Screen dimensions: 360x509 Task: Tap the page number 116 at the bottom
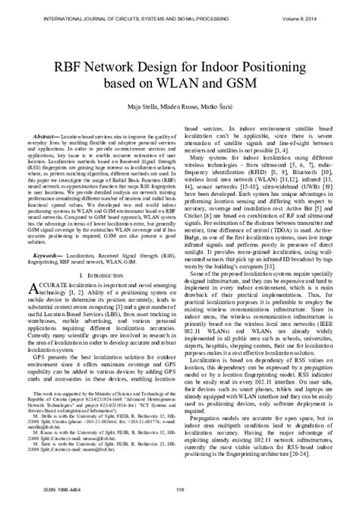point(180,498)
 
